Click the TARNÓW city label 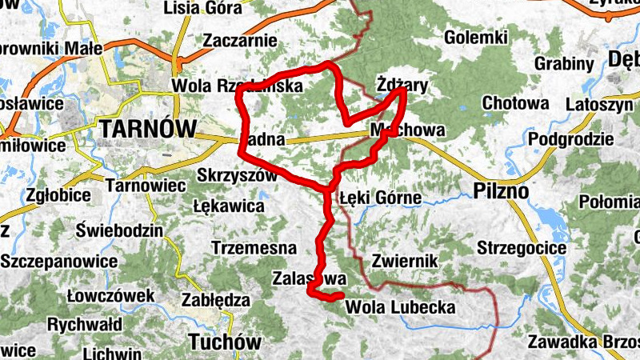[x=148, y=128]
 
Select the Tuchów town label [x=222, y=342]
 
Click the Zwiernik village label [x=404, y=261]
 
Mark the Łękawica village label [x=229, y=206]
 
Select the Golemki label [x=476, y=37]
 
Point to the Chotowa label [x=515, y=104]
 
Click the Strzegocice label [x=522, y=248]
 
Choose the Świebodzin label [x=119, y=231]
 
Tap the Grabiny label [x=563, y=63]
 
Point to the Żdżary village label [x=402, y=84]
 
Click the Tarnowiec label [x=146, y=186]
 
